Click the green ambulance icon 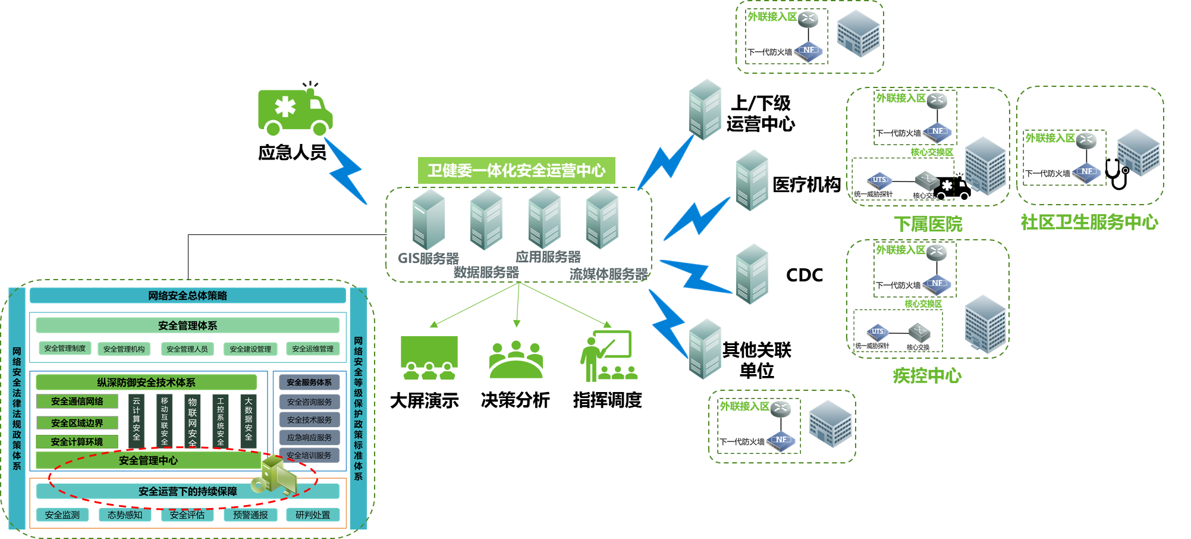coord(294,110)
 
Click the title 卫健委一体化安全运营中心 coord(516,171)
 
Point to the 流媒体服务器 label coord(608,274)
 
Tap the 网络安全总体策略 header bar coord(187,296)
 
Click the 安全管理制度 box coord(65,349)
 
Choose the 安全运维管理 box coord(313,349)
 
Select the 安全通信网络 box coord(77,402)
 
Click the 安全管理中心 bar coord(148,460)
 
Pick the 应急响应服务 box coord(309,437)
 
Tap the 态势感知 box coord(125,515)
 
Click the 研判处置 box coord(313,515)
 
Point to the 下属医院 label coord(928,224)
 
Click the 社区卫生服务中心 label coord(1089,223)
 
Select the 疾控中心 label coord(927,376)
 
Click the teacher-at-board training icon coord(608,356)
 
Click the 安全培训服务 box coord(309,455)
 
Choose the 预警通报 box coord(250,515)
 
